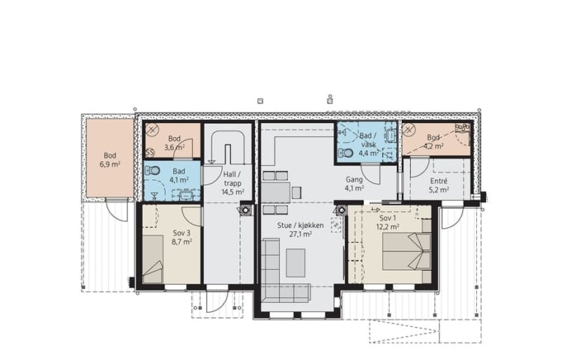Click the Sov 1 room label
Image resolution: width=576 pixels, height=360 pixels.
point(388,218)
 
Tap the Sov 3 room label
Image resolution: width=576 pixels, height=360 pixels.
point(181,233)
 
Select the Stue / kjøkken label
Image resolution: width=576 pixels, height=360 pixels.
point(301,225)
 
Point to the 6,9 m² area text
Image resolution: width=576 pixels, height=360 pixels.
point(109,164)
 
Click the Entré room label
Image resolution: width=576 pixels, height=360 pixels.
point(439,181)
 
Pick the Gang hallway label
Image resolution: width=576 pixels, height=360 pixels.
point(354,180)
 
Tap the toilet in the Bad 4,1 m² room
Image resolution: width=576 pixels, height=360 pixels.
point(152,170)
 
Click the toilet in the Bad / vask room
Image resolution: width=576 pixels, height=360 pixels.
point(345,152)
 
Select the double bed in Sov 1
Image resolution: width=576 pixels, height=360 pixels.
point(406,252)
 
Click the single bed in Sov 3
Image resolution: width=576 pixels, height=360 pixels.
point(153,259)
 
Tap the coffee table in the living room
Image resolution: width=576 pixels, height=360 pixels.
point(295,262)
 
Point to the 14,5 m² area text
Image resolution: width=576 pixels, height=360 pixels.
point(232,192)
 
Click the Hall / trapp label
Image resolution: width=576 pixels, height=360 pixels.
point(232,178)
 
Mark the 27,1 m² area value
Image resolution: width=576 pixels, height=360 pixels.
point(301,234)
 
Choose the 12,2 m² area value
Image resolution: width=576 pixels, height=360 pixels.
point(388,226)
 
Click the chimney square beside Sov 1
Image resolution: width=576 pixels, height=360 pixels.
point(341,210)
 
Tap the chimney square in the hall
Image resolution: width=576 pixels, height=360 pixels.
point(245,210)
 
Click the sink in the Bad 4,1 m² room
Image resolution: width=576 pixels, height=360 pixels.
point(186,195)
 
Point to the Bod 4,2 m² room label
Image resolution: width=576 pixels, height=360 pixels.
point(433,142)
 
